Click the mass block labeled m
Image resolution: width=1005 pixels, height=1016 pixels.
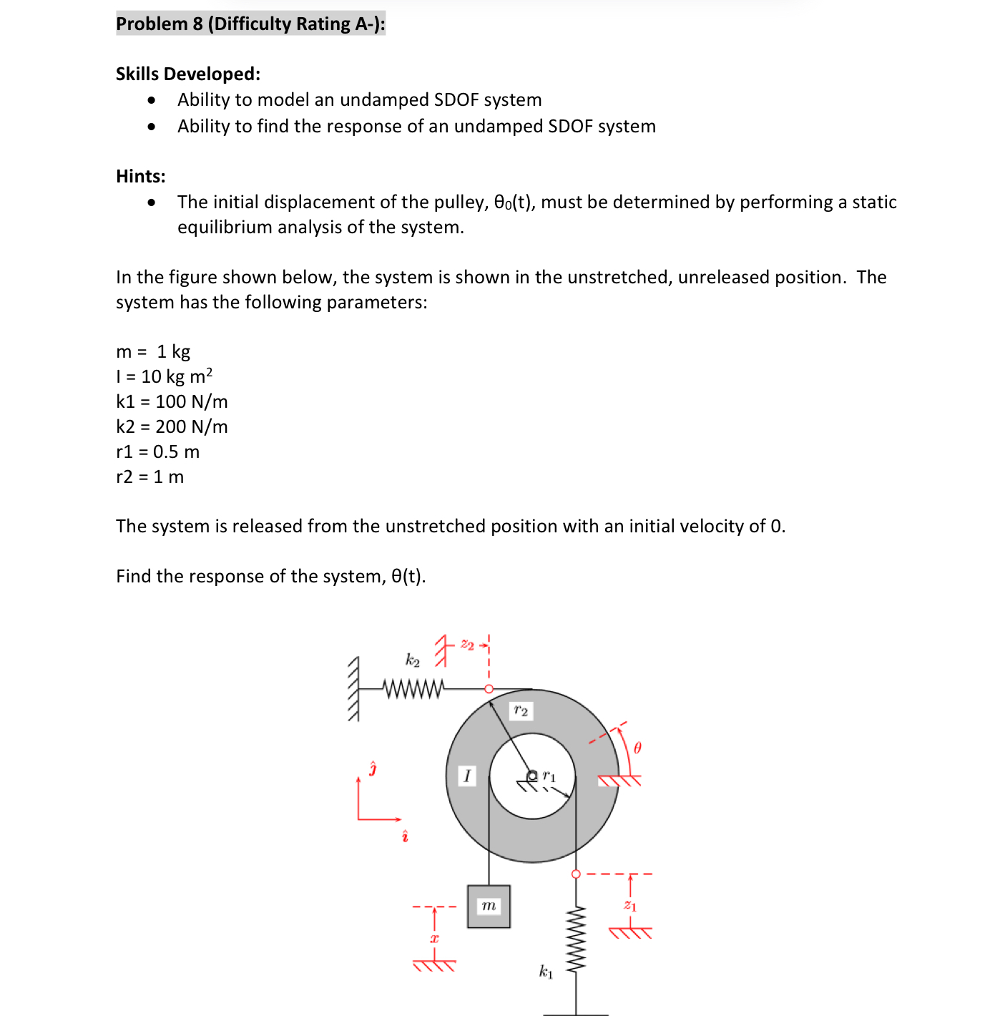tap(489, 907)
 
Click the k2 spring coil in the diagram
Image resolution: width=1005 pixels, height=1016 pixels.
tap(413, 688)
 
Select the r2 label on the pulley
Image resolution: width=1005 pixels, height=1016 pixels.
tap(521, 710)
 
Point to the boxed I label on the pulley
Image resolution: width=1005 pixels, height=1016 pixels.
tap(467, 776)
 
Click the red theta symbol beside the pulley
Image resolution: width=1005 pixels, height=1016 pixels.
tap(637, 748)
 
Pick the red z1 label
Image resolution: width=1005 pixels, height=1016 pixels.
tap(629, 906)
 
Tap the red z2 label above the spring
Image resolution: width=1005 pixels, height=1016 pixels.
tap(467, 645)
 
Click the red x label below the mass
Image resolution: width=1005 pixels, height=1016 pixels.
tap(434, 937)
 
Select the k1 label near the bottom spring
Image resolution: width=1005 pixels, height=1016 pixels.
tap(546, 971)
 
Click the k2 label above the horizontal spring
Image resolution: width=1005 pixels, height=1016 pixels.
tap(413, 660)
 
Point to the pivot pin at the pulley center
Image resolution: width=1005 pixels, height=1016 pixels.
tap(532, 776)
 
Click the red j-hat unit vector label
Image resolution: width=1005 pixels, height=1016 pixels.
tap(372, 769)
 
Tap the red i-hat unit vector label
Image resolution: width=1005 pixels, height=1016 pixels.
tap(405, 836)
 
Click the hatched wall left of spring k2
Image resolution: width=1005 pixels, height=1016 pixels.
tap(353, 689)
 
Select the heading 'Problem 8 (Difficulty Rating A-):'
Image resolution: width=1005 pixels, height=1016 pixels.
tap(250, 24)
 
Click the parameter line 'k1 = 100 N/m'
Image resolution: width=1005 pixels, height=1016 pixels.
tap(172, 401)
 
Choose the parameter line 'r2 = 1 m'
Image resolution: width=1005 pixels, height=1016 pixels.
tap(149, 477)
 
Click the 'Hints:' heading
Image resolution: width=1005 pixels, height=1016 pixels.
tap(141, 176)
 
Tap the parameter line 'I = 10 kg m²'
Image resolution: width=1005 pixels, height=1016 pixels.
tap(164, 376)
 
